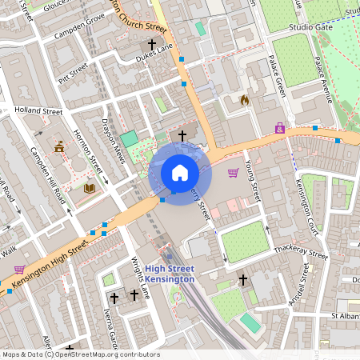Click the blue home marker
pos(180,173)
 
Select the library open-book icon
pos(90,188)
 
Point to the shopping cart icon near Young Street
pos(233,172)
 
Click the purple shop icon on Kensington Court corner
pos(280,127)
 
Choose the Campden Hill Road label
pos(46,175)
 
